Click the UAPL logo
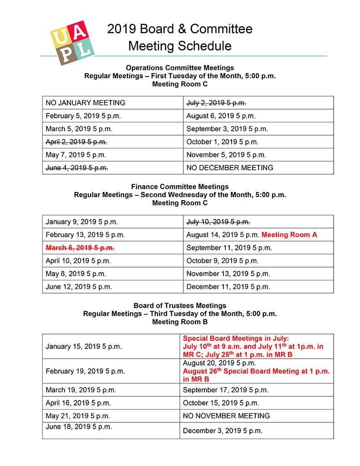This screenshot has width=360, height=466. coord(72,42)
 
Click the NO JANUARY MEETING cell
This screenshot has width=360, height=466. coord(86,103)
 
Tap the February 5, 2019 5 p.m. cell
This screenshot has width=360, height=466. coord(83,116)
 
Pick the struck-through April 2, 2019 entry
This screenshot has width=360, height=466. coord(76,142)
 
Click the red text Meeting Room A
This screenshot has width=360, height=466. coord(289,235)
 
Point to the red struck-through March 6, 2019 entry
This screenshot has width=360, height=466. coord(80,248)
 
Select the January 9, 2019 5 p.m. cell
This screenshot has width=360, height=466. coord(82,222)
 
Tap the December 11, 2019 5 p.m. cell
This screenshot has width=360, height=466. coord(228,287)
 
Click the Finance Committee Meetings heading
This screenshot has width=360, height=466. coord(180,187)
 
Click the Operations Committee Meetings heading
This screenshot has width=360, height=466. coord(180,68)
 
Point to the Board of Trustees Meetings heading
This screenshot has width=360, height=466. coord(180,305)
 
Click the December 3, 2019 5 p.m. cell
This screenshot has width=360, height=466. coord(223,431)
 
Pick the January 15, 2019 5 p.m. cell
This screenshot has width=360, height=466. coord(84,346)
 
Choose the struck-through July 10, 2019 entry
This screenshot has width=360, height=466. coord(218,222)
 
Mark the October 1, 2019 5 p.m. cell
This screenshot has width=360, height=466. coord(223,142)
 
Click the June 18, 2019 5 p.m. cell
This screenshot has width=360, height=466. coord(79,427)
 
